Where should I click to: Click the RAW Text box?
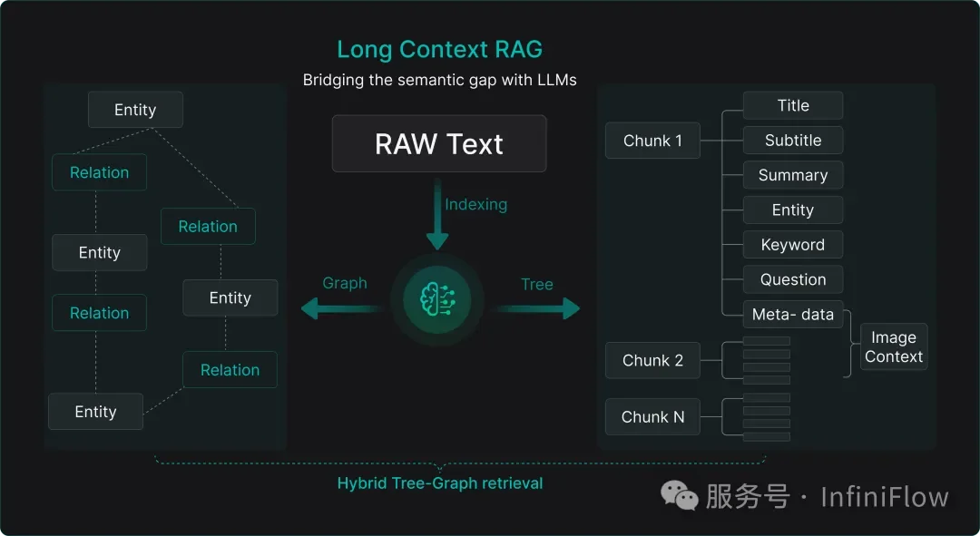[439, 143]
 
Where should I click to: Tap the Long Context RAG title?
[439, 49]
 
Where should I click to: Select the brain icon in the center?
[438, 297]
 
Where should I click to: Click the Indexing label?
[475, 204]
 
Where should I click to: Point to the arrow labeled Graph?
[340, 309]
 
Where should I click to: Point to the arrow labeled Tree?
[537, 309]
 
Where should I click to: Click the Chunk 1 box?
[652, 141]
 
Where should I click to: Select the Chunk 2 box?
[652, 360]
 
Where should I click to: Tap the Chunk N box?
[652, 417]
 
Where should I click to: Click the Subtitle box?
[792, 141]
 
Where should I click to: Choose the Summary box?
[792, 175]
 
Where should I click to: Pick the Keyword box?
[792, 245]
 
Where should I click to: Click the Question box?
[792, 279]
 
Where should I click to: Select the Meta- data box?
[792, 315]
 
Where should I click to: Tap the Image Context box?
[893, 347]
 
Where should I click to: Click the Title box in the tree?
[792, 105]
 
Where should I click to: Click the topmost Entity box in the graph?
[135, 110]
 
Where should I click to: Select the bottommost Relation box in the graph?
[230, 370]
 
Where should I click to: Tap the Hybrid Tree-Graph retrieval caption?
[439, 483]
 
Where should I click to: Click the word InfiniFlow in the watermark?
[884, 497]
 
